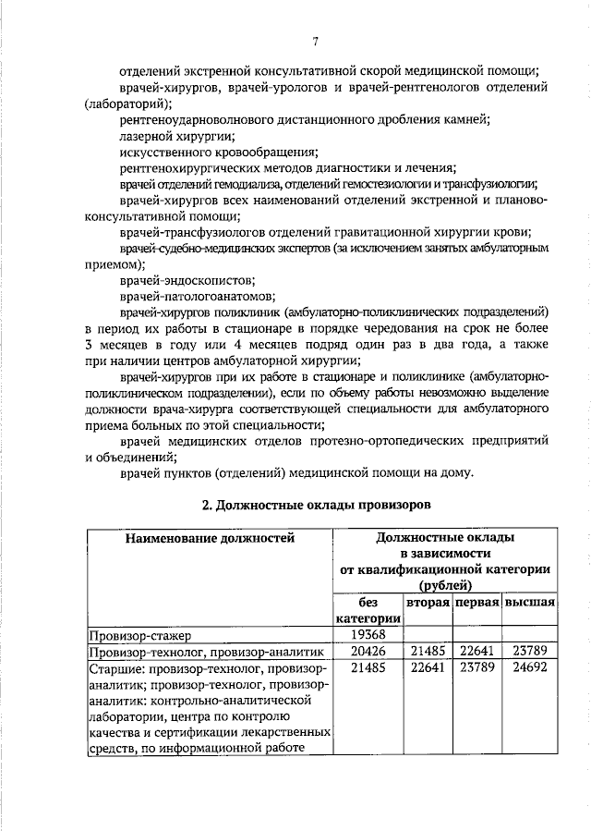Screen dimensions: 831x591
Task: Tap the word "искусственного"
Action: coord(163,152)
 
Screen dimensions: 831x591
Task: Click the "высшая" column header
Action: coord(529,602)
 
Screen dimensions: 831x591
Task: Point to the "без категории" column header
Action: coord(368,610)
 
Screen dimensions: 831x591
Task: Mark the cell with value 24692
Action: coord(529,667)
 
